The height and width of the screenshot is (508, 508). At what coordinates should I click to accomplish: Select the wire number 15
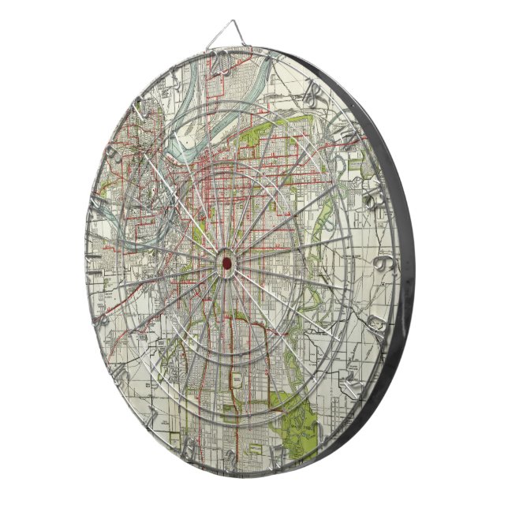tap(347, 387)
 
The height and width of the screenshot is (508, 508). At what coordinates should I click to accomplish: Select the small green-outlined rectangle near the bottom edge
tap(236, 386)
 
